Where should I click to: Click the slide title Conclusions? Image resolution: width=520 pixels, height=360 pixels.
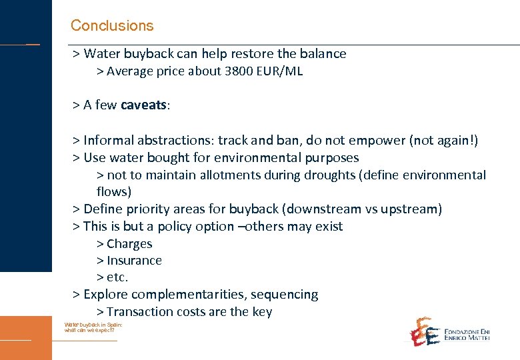pyautogui.click(x=112, y=26)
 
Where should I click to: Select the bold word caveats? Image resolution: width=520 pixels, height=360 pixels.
pyautogui.click(x=145, y=105)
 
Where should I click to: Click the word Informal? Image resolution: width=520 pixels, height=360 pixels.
pyautogui.click(x=111, y=141)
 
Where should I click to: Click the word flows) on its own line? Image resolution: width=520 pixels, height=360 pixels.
pyautogui.click(x=113, y=192)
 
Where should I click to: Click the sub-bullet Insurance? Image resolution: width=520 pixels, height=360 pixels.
pyautogui.click(x=134, y=261)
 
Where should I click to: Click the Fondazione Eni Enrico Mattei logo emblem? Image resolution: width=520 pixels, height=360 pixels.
pyautogui.click(x=423, y=331)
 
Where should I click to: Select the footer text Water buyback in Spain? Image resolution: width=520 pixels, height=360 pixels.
pyautogui.click(x=93, y=325)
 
